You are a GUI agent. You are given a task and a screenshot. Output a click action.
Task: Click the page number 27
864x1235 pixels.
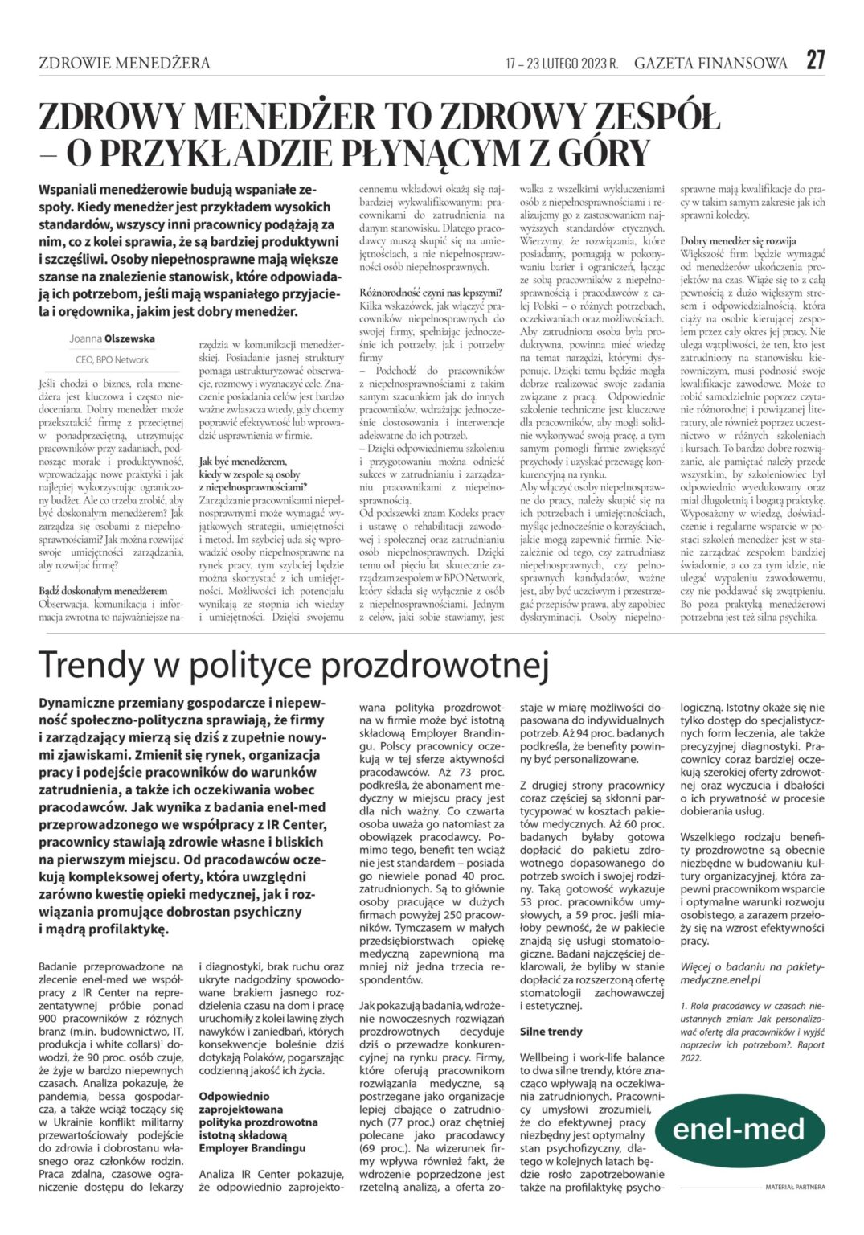(815, 60)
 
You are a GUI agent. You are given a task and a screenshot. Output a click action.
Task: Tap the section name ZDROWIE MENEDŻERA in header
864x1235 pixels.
(125, 63)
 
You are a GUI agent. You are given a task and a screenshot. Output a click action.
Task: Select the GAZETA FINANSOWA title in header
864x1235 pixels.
(710, 63)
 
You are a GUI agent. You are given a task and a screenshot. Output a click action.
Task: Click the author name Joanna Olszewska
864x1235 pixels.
(112, 339)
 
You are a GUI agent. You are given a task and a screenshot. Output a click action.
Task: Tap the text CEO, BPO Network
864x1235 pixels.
(112, 360)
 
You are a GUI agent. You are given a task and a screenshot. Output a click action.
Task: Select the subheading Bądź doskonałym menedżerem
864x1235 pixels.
(103, 591)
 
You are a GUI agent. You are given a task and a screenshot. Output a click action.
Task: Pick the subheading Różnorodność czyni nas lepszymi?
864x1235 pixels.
(431, 293)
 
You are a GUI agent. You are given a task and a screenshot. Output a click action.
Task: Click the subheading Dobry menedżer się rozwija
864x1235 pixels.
(738, 240)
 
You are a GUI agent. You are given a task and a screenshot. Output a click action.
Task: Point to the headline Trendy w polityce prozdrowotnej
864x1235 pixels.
(293, 666)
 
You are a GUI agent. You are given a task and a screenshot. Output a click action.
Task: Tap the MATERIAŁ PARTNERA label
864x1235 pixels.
(794, 1187)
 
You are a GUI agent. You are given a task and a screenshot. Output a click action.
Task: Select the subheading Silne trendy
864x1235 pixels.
(551, 1032)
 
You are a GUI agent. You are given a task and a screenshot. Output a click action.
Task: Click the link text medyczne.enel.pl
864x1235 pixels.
(720, 980)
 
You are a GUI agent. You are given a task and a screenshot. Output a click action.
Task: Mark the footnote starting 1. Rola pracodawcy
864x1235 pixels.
(751, 1006)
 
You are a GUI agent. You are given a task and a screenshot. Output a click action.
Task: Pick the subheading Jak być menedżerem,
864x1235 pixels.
(242, 462)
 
